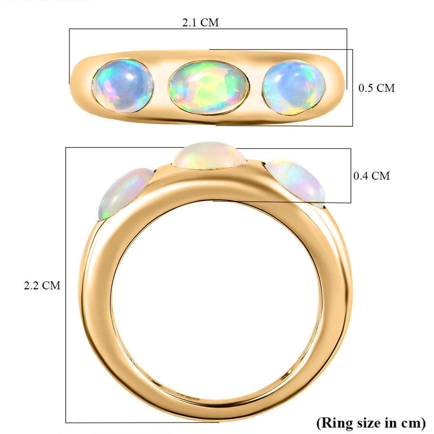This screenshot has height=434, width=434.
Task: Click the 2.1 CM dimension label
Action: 200,22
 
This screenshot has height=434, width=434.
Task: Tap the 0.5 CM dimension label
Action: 376,88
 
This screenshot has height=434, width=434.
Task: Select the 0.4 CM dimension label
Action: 371,176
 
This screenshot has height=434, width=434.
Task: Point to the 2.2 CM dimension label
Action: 42,285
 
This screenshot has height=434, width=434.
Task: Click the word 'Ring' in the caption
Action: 333,423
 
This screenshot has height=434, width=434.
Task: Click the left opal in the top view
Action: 123,86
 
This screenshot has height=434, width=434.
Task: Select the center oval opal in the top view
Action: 209,87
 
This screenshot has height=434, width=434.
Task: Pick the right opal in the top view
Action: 293,88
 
